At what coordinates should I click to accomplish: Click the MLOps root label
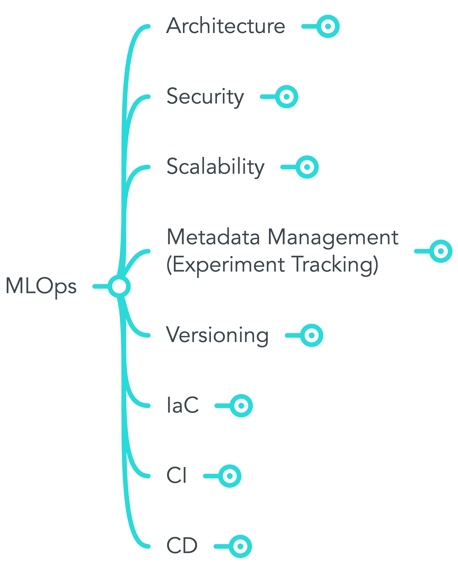pos(41,286)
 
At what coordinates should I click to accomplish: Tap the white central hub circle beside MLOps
pos(119,286)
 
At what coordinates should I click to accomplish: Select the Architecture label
pos(226,26)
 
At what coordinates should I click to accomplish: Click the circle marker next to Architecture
pos(328,26)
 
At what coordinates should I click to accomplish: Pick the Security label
pos(205,97)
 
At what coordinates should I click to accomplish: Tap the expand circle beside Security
pos(287,97)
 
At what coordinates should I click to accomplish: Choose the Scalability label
pos(215,167)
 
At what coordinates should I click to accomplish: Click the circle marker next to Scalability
pos(307,167)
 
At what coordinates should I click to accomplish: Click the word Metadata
pos(213,237)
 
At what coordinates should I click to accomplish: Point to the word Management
pos(333,237)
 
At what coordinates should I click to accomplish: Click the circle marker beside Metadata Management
pos(441,251)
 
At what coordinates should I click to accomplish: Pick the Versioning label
pos(217,335)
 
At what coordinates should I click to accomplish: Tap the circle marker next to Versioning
pos(312,335)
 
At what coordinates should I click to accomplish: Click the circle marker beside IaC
pos(241,406)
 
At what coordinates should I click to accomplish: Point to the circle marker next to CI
pos(230,476)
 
